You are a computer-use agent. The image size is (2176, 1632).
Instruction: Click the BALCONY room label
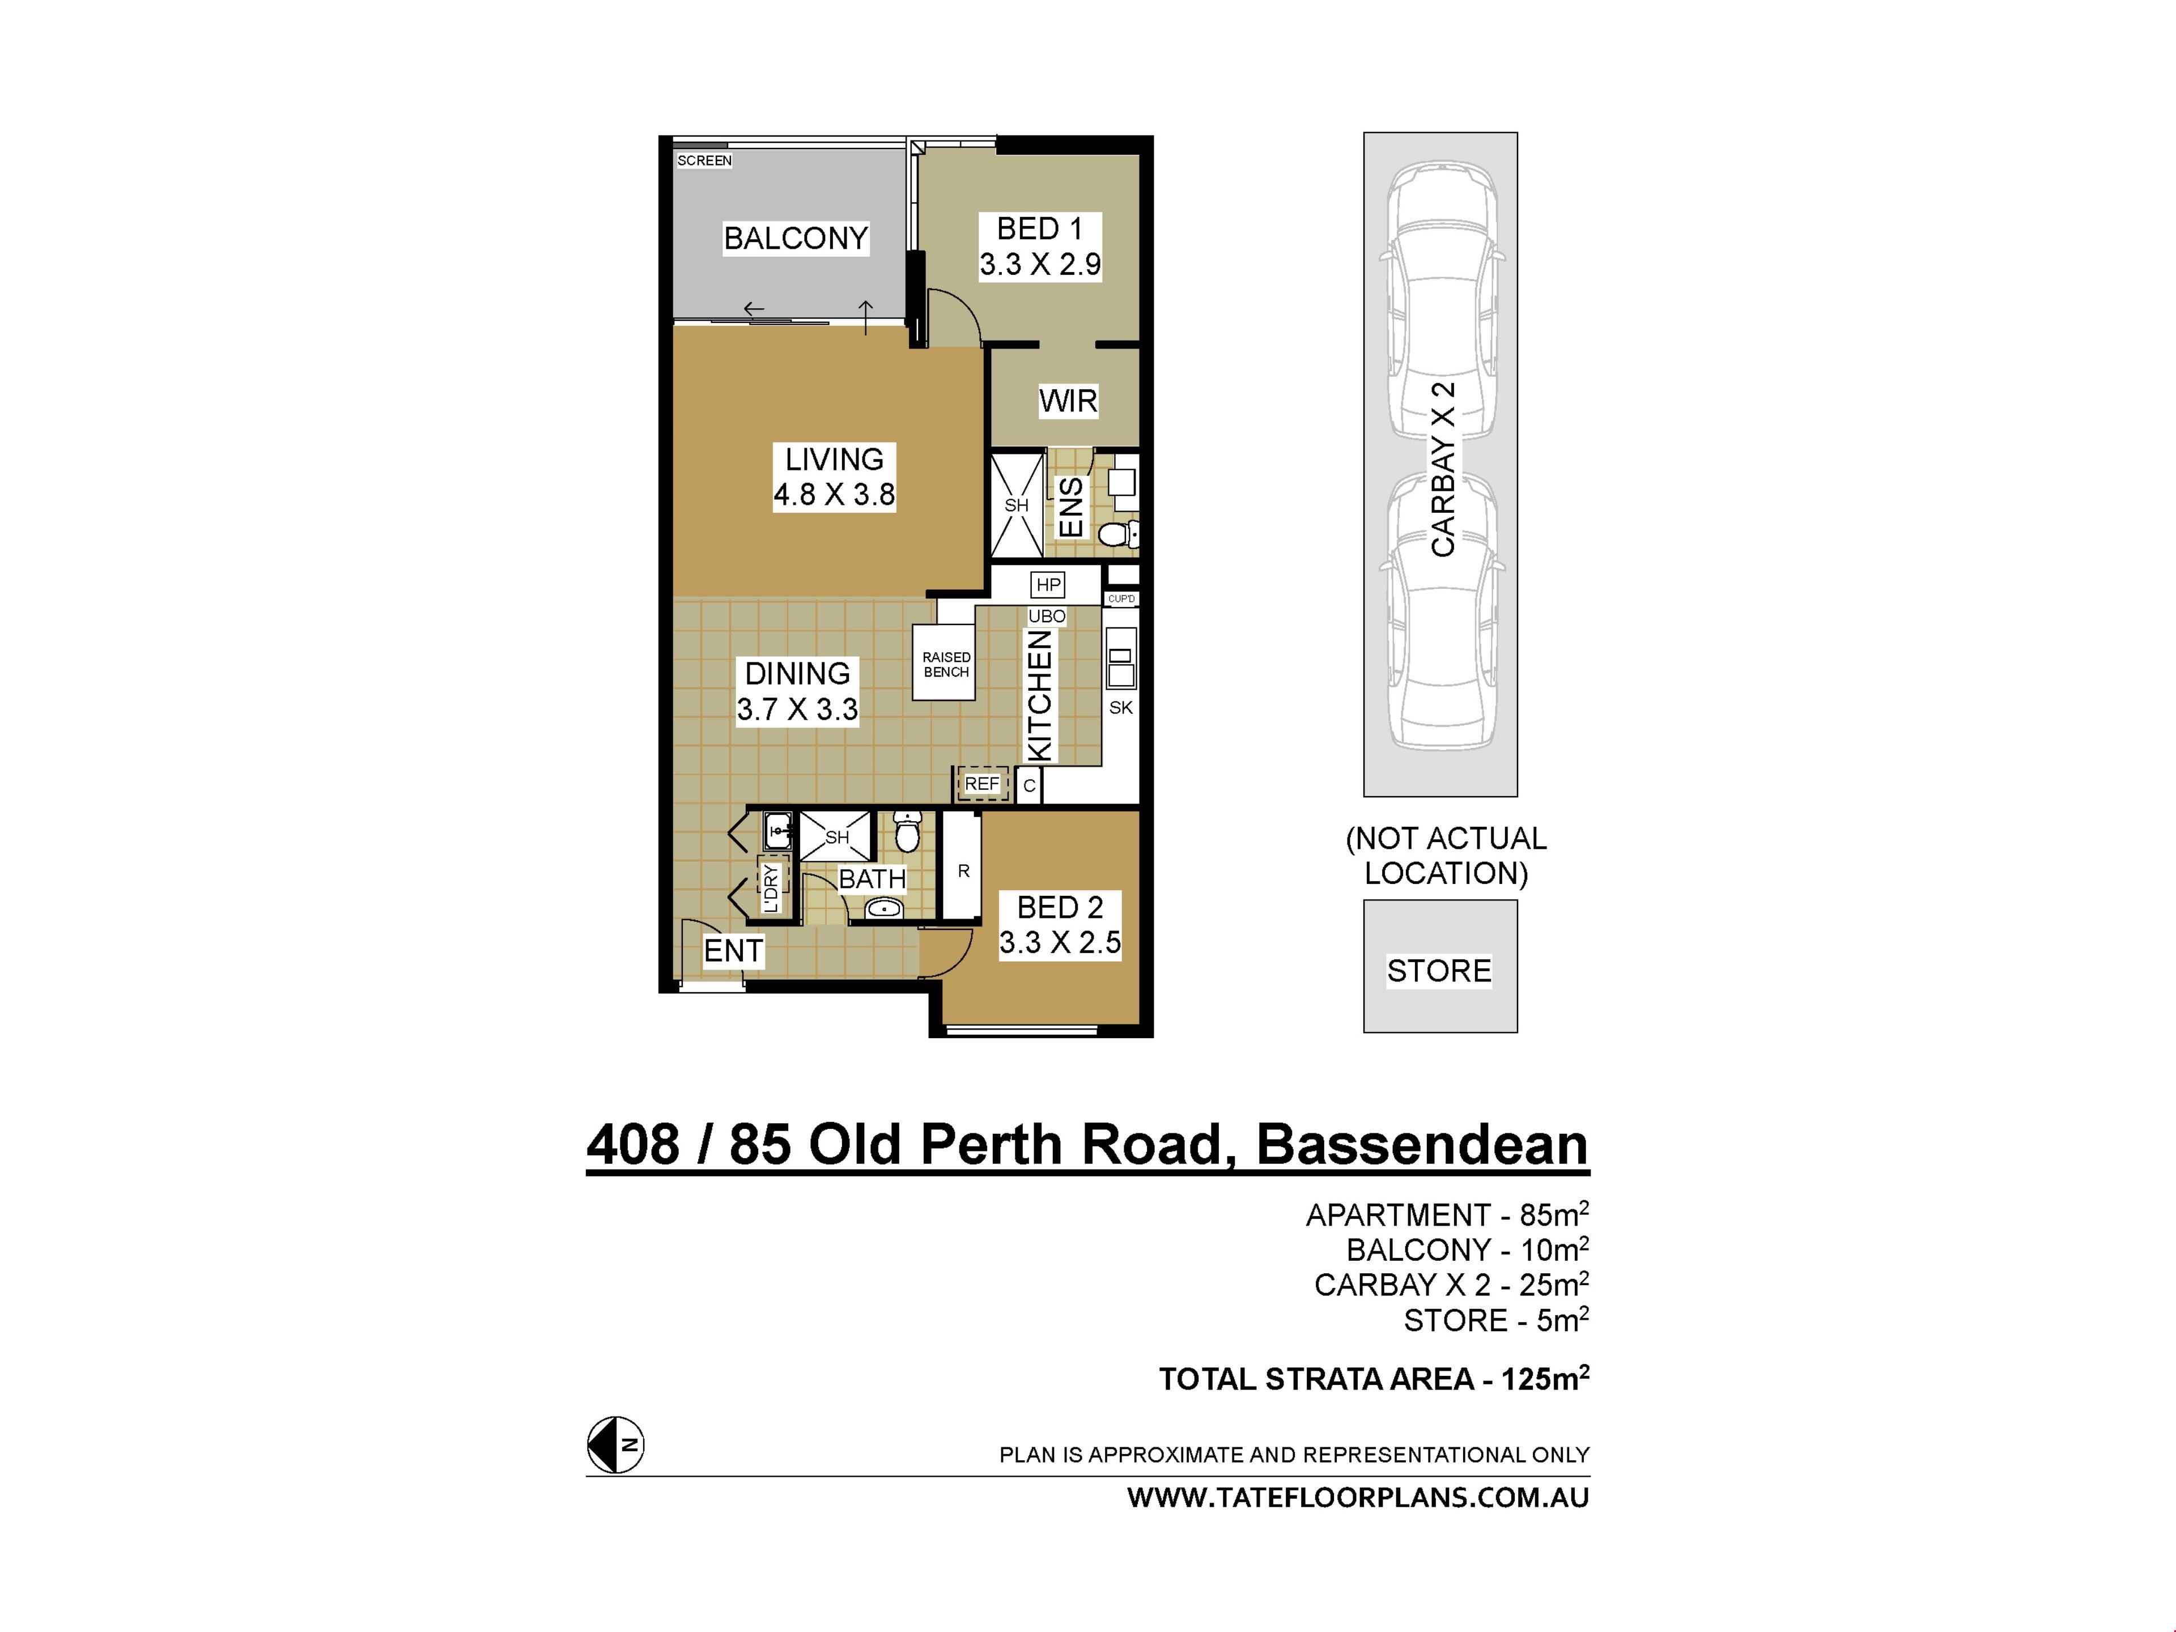pos(796,238)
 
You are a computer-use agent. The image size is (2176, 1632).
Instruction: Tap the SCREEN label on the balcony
pos(704,160)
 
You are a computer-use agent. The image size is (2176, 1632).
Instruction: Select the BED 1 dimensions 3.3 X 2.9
pos(1040,263)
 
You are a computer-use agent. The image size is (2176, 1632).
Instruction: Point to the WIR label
pos(1068,401)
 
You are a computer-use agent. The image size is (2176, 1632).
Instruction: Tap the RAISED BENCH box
pos(945,664)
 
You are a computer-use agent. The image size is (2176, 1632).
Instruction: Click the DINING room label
pos(797,674)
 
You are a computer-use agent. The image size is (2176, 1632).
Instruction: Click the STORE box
pos(1440,966)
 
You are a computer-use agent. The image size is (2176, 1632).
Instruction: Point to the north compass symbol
pos(616,1445)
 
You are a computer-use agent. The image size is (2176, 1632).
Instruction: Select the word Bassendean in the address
pos(1422,1145)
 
